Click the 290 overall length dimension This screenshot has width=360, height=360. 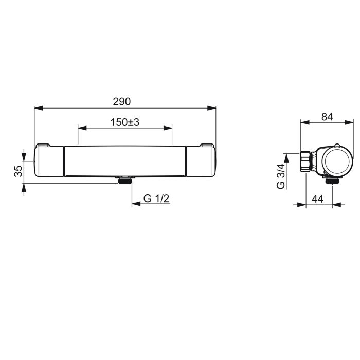click(122, 101)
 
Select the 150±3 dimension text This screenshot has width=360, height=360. click(125, 122)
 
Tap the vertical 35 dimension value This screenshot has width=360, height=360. click(19, 171)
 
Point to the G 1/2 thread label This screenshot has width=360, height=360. click(156, 199)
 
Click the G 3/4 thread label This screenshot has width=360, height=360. click(281, 176)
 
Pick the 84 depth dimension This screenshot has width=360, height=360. click(327, 117)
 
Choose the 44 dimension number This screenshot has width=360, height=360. click(318, 199)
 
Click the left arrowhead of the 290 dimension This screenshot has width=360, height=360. click(39, 108)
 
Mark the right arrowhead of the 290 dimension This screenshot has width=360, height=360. click(211, 108)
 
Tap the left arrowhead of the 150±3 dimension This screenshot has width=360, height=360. click(82, 128)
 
